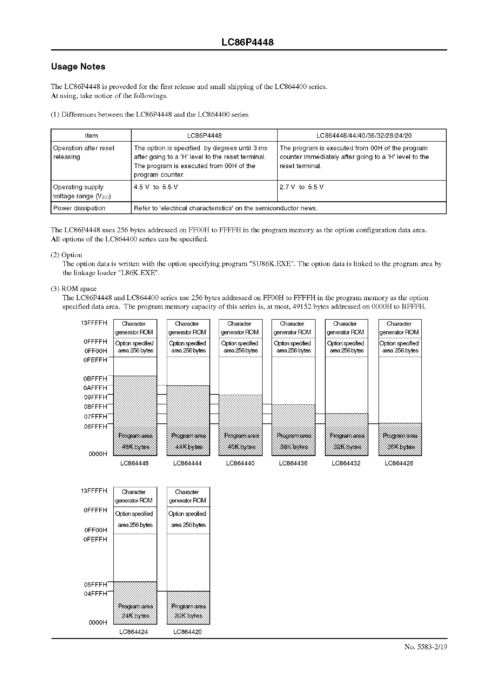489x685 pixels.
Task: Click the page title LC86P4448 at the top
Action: click(x=247, y=42)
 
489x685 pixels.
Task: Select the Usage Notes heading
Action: click(x=78, y=66)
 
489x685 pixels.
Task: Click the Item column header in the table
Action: click(x=91, y=136)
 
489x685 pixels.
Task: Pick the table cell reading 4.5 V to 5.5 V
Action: click(x=156, y=187)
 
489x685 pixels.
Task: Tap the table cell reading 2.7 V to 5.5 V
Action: click(x=301, y=187)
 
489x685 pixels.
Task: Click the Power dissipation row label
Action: click(x=79, y=208)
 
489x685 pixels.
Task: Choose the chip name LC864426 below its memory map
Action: click(x=399, y=463)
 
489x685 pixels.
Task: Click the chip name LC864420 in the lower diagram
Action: click(x=187, y=632)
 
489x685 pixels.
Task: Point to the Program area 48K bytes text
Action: click(x=135, y=441)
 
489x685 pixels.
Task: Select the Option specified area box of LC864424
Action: click(x=135, y=519)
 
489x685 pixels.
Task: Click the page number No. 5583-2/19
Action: click(x=426, y=647)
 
